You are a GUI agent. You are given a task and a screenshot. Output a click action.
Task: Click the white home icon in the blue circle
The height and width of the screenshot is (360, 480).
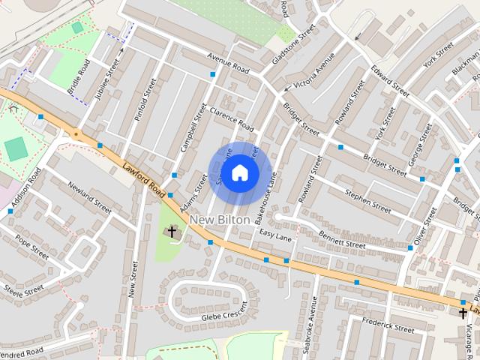click(239, 173)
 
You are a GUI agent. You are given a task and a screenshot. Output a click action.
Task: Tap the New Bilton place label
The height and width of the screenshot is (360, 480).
click(220, 219)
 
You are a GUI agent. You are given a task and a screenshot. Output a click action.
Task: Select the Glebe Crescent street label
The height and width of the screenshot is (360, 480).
click(223, 317)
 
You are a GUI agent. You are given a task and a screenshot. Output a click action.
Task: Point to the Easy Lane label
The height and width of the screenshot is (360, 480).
click(274, 235)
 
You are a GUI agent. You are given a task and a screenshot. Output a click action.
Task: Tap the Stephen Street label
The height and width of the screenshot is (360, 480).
click(367, 200)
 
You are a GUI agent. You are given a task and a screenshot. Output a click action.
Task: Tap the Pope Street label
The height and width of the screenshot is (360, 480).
click(32, 247)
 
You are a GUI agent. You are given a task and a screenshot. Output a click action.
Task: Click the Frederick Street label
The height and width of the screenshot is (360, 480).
click(388, 324)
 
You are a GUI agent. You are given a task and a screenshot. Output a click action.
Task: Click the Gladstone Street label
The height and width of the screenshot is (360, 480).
click(293, 47)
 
